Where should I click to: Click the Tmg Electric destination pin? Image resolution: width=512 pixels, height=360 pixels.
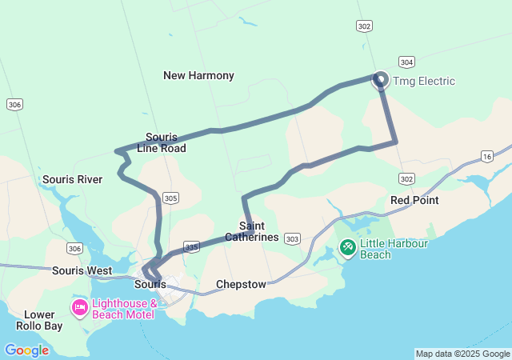click(381, 79)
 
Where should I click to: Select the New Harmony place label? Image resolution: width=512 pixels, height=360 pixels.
click(198, 75)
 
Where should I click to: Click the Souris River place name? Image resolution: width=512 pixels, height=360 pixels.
click(72, 179)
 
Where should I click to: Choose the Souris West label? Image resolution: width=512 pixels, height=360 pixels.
click(82, 270)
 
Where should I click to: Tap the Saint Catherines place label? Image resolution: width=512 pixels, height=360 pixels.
click(252, 232)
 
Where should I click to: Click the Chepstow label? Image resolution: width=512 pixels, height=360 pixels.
click(241, 285)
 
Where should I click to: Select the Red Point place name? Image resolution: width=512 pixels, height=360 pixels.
click(414, 199)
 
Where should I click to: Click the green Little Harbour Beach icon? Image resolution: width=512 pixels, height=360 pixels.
click(348, 248)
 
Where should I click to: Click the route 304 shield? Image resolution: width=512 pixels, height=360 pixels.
click(406, 62)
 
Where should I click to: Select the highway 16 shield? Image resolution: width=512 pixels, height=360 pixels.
click(486, 156)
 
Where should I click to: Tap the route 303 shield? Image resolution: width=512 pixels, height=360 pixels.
click(293, 238)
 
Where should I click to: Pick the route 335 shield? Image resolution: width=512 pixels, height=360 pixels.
click(191, 246)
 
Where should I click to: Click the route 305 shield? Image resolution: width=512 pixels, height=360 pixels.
click(170, 197)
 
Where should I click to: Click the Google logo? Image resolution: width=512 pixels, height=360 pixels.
click(26, 350)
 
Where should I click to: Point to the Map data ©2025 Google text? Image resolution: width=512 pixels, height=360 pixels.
click(462, 354)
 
